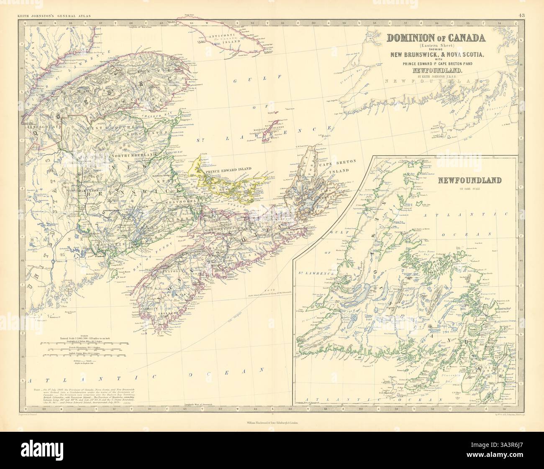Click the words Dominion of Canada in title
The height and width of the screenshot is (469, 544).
[x=436, y=37]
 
